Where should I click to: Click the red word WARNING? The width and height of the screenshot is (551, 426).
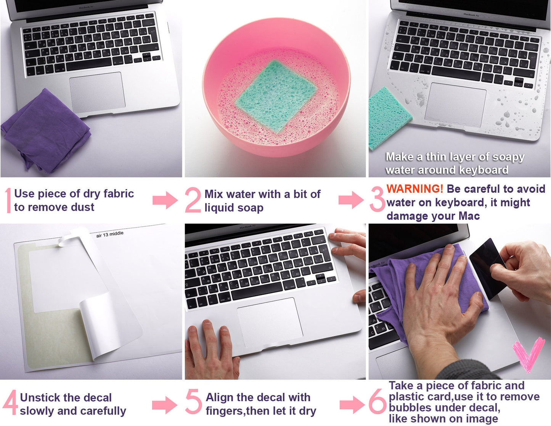click(x=415, y=189)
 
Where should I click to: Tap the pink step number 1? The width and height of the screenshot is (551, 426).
click(x=9, y=200)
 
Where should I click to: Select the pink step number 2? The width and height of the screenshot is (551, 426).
click(x=193, y=200)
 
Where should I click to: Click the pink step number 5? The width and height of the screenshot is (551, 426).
click(x=193, y=402)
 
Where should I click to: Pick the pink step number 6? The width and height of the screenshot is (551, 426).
click(x=377, y=402)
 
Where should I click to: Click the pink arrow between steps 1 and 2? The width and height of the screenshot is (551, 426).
click(x=165, y=200)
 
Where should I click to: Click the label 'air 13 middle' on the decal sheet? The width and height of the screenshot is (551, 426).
click(x=110, y=234)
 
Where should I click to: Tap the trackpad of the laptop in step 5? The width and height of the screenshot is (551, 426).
click(x=270, y=323)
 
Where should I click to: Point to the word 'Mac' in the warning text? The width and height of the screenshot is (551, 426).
click(x=469, y=216)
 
